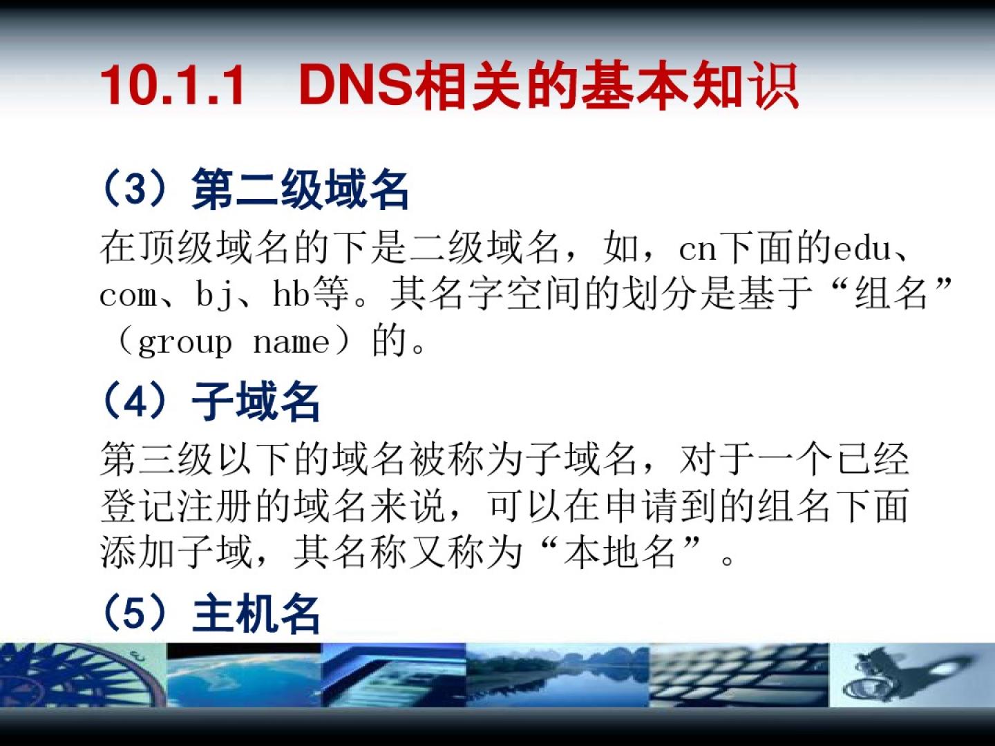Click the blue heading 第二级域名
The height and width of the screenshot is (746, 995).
(300, 189)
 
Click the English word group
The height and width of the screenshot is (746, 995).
(185, 343)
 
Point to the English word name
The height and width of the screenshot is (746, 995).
(291, 343)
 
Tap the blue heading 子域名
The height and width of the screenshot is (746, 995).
(256, 401)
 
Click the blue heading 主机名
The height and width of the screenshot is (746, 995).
(256, 613)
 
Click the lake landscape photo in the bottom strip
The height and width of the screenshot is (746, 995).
(558, 675)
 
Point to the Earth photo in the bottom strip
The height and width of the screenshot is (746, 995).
(244, 675)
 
